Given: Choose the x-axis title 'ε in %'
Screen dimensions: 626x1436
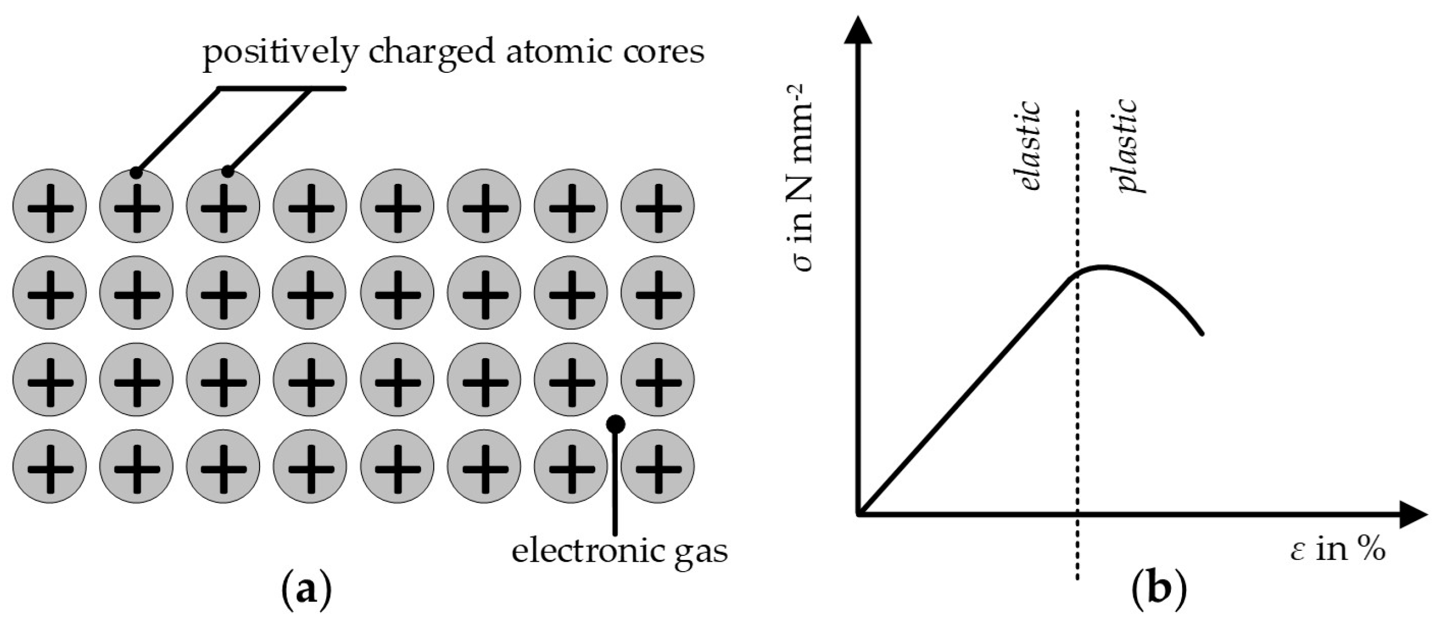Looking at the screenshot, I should [x=1336, y=550].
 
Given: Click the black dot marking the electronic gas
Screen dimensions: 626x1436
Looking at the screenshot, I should [x=616, y=424].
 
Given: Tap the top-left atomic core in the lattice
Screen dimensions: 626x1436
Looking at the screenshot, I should [x=50, y=206].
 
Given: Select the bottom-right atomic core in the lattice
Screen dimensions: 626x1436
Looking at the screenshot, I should [x=657, y=466].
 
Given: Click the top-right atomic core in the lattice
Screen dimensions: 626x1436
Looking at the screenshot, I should [x=657, y=206].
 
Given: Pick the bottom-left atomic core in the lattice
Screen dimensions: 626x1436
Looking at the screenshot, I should [x=50, y=466].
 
